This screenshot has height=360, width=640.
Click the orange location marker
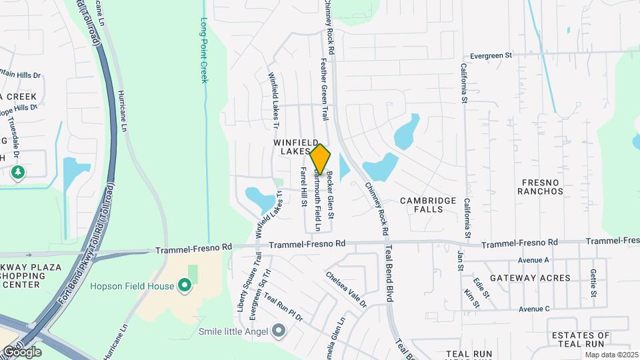[x=321, y=159]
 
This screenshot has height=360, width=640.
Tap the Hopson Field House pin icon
[x=185, y=287]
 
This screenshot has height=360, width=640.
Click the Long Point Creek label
[x=204, y=50]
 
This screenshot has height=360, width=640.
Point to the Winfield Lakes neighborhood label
[x=292, y=147]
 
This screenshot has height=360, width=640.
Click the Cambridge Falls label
[x=428, y=205]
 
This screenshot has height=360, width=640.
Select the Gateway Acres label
[x=530, y=277]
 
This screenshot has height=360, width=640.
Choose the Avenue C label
[x=533, y=309]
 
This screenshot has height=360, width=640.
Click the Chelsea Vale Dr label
[x=346, y=289]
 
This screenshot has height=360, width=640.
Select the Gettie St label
[x=593, y=283]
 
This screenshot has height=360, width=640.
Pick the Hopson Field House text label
[x=133, y=287]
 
